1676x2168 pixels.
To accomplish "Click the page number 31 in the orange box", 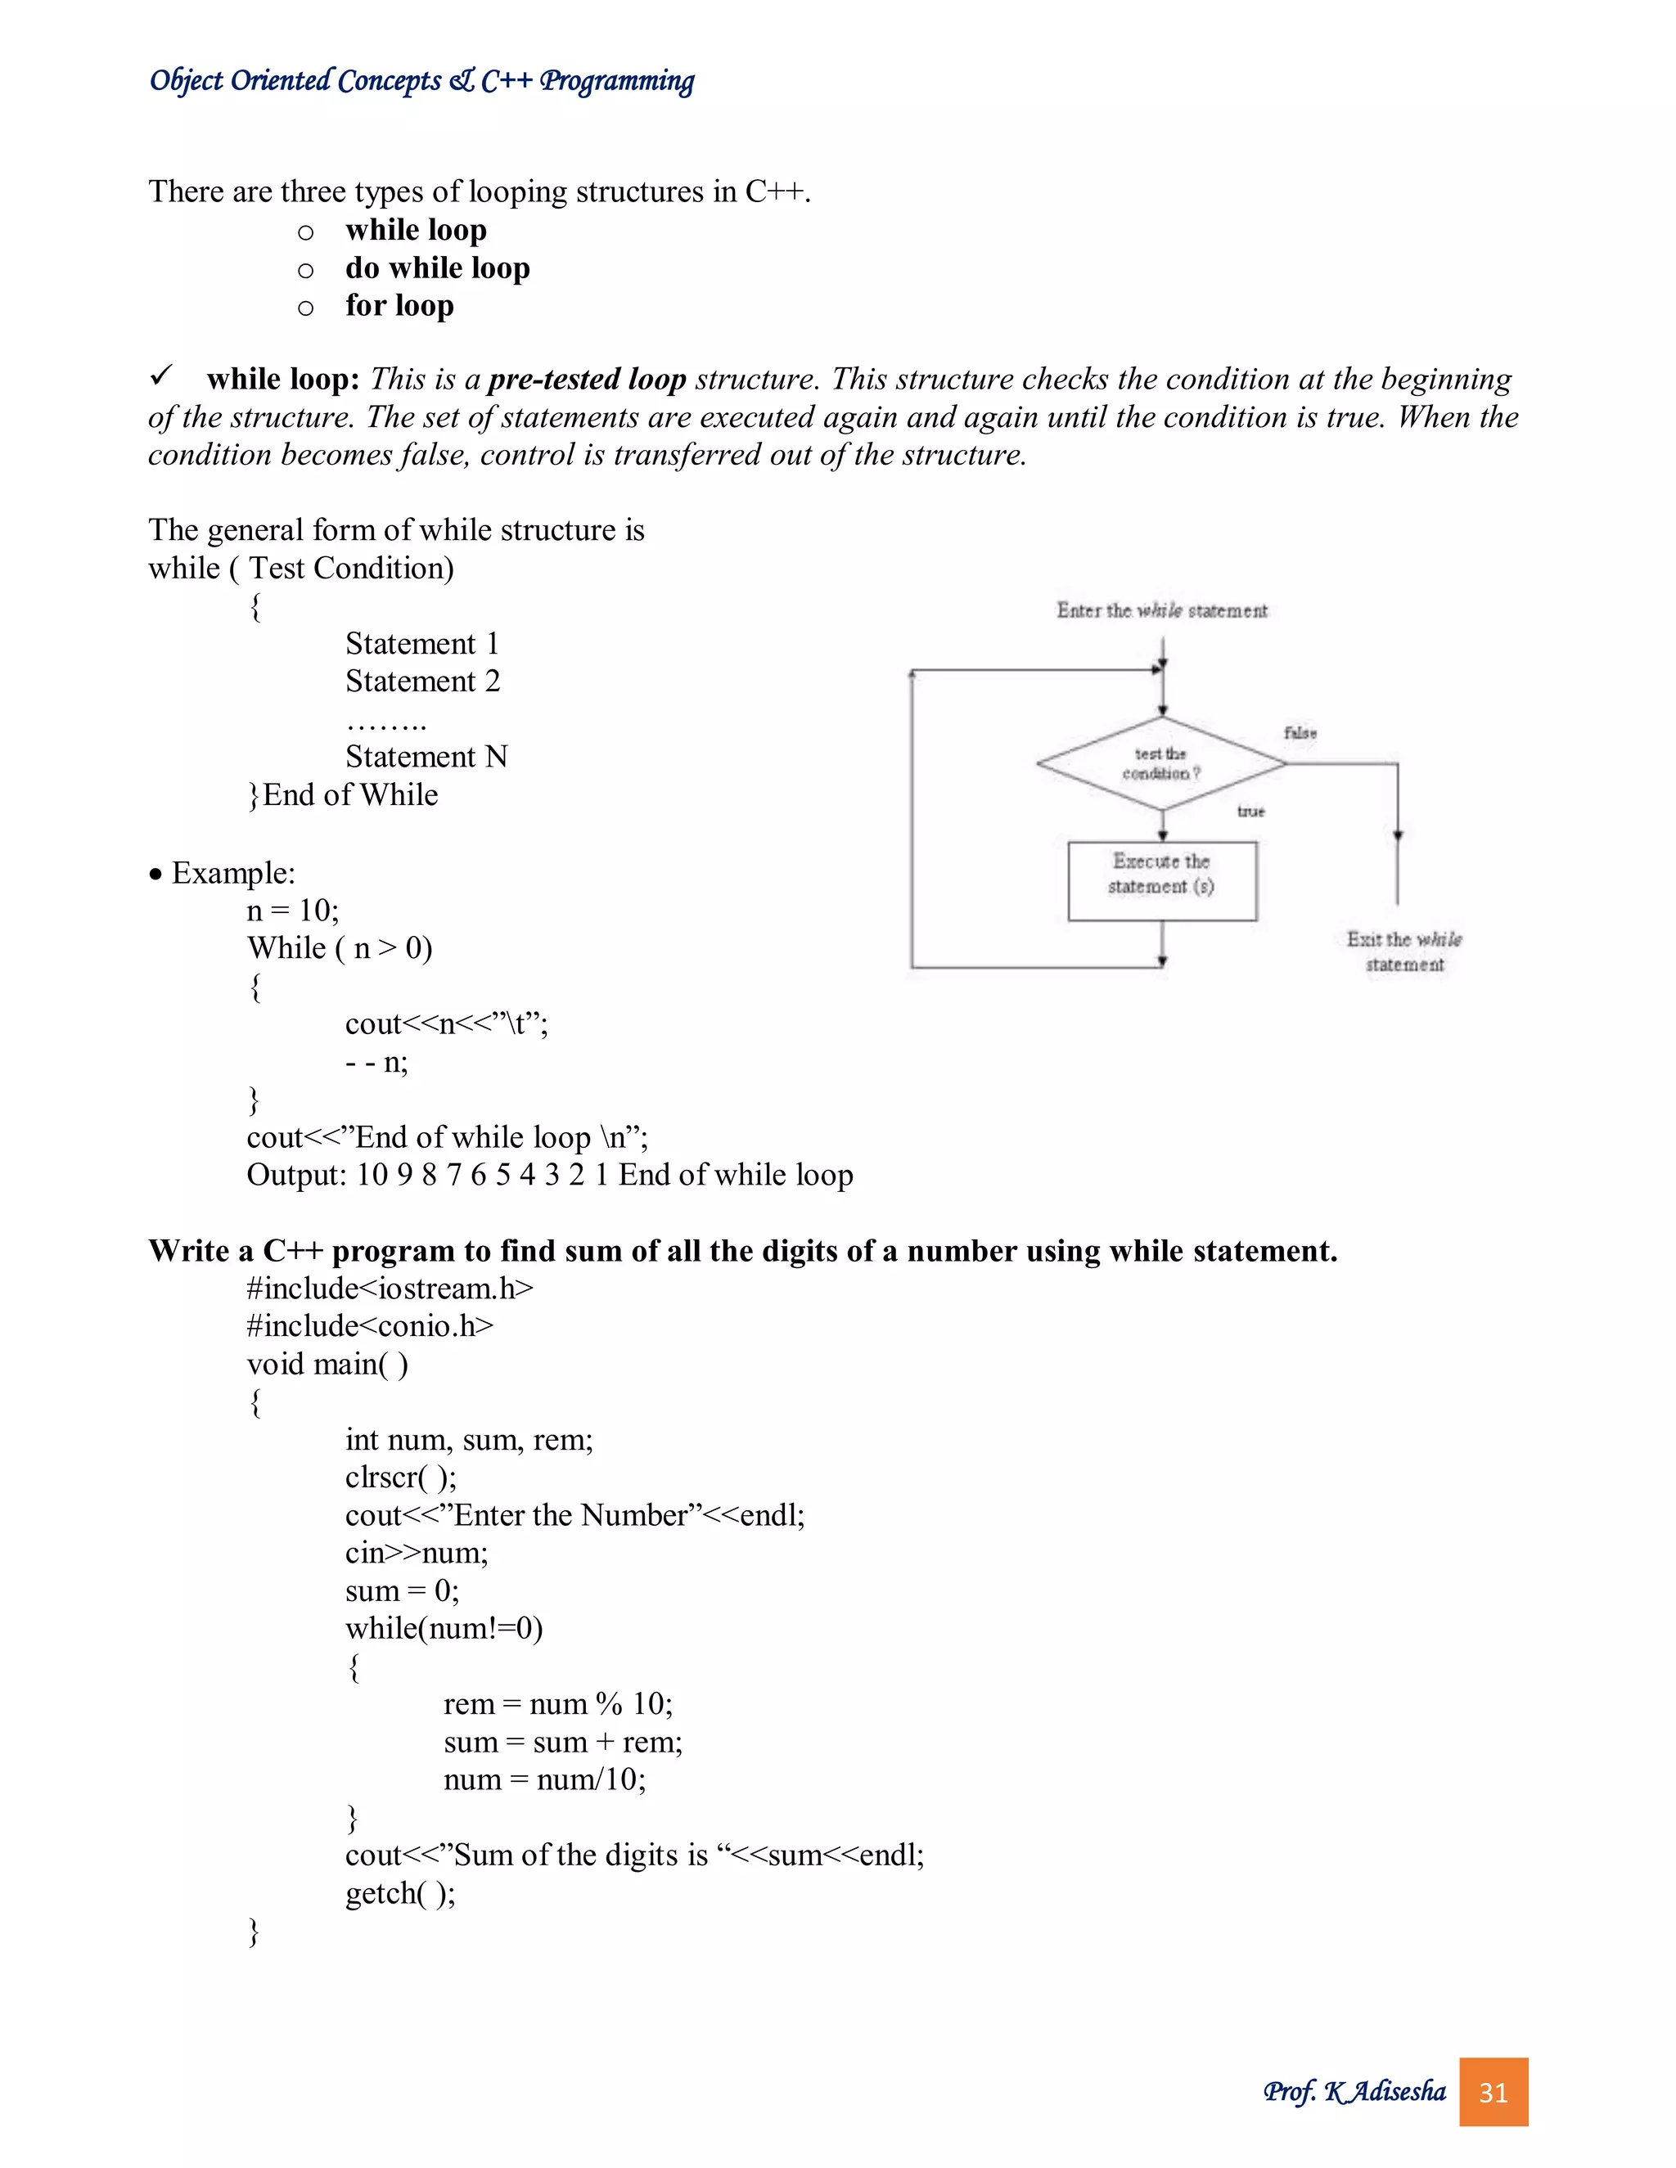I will (x=1493, y=2093).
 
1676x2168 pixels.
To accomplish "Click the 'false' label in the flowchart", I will (x=1300, y=732).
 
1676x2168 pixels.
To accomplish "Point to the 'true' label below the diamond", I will (x=1250, y=811).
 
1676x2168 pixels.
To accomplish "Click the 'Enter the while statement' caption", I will (x=1162, y=610).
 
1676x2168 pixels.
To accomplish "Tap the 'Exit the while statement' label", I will (x=1404, y=951).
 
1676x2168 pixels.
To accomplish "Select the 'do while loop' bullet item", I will (x=437, y=268).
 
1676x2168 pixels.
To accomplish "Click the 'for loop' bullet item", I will (x=399, y=306).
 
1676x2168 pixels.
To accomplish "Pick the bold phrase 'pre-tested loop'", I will (x=587, y=380).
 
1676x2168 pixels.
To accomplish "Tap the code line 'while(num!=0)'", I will (x=444, y=1628).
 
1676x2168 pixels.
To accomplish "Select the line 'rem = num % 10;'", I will (x=558, y=1703).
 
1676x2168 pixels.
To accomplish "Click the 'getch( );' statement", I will (x=400, y=1893).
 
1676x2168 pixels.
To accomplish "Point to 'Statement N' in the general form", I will (x=426, y=758).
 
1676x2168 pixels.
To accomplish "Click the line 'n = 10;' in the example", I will (x=293, y=911).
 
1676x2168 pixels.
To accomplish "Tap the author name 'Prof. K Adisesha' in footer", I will (x=1354, y=2092).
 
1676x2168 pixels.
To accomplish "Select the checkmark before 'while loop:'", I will (x=161, y=376).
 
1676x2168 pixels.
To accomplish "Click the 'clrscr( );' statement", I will (x=401, y=1477).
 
